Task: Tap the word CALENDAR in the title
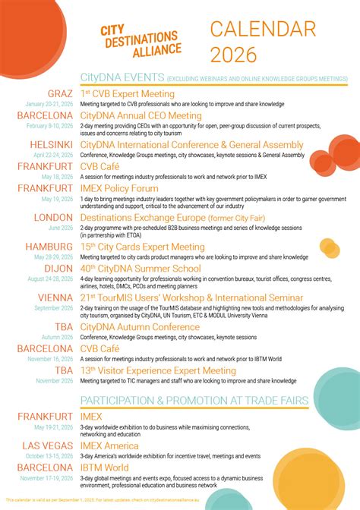click(263, 30)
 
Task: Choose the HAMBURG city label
click(50, 247)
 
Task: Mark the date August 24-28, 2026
click(49, 279)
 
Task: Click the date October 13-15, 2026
click(49, 455)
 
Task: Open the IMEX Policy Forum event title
click(119, 187)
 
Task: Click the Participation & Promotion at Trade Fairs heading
click(194, 400)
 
